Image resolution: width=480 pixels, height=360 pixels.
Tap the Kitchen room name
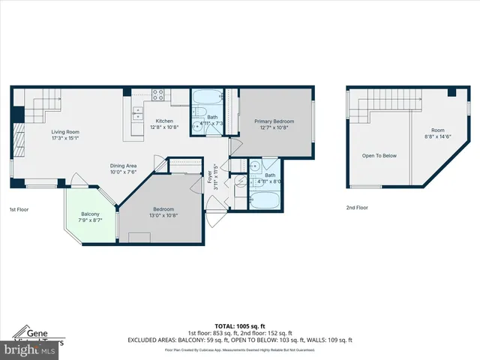164,121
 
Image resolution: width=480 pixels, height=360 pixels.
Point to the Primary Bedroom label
274,121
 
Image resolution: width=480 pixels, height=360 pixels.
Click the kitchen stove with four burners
159,94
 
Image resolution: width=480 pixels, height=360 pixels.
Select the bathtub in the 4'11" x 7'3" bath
205,97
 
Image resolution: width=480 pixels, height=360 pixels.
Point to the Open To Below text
379,156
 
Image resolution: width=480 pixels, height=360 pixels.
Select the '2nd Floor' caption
357,207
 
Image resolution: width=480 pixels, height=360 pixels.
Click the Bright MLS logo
30,349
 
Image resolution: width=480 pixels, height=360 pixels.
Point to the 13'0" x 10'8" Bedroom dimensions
163,215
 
